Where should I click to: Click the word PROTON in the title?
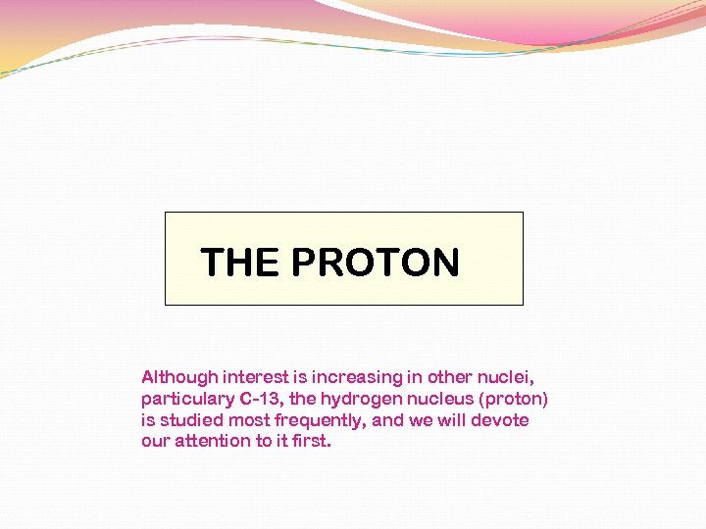(376, 263)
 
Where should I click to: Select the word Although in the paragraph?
(179, 377)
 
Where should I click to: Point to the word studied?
(191, 420)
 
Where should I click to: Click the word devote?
(499, 420)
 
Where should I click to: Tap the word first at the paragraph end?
(311, 441)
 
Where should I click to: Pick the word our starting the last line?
(155, 441)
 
